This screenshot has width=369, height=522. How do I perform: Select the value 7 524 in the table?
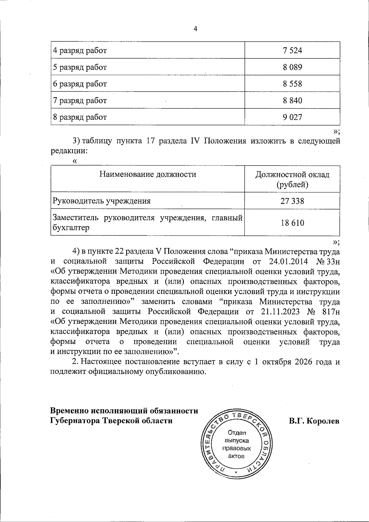[x=292, y=50]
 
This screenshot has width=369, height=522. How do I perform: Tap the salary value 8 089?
[x=292, y=67]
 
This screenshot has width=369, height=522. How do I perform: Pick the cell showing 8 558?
[x=292, y=84]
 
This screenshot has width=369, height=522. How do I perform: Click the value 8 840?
[x=292, y=100]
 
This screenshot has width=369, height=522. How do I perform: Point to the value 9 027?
[x=292, y=117]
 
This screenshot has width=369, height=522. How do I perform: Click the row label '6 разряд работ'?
[x=80, y=84]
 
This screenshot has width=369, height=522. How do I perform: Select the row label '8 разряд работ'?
[x=80, y=117]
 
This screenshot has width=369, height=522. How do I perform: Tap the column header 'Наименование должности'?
[x=148, y=175]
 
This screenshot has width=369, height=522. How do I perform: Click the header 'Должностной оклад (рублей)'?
[x=292, y=180]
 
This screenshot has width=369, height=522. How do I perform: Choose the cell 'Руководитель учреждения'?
[x=102, y=201]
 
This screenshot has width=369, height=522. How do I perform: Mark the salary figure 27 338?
[x=292, y=201]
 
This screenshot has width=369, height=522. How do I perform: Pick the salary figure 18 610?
[x=292, y=223]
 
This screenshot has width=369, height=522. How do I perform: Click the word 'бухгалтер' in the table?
[x=71, y=228]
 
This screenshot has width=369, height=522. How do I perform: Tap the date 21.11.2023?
[x=281, y=312]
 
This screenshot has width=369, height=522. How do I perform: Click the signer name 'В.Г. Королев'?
[x=314, y=421]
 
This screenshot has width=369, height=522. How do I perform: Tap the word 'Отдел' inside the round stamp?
[x=237, y=433]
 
